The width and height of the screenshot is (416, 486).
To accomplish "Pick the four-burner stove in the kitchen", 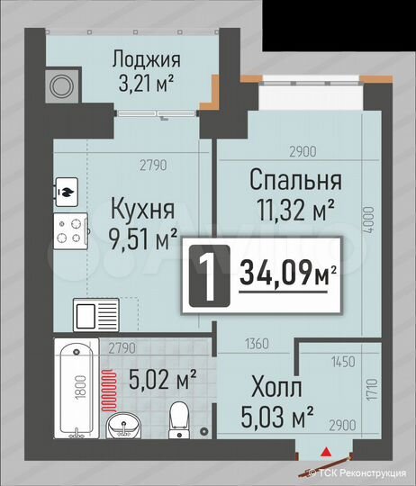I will (72, 230).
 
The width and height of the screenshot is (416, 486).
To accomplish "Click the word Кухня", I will (141, 209).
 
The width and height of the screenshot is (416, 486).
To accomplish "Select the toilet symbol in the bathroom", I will (178, 417).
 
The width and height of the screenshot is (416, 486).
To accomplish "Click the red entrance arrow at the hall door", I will (327, 454).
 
